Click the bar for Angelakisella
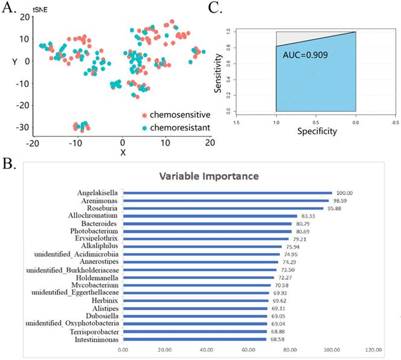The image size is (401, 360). (x=227, y=193)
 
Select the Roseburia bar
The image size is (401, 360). (x=223, y=208)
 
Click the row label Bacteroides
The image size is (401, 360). (x=100, y=223)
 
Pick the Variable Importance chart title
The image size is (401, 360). (x=209, y=176)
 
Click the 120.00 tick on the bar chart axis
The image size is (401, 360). (x=373, y=350)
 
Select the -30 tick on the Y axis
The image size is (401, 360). (x=22, y=127)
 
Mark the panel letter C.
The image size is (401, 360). (x=213, y=8)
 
